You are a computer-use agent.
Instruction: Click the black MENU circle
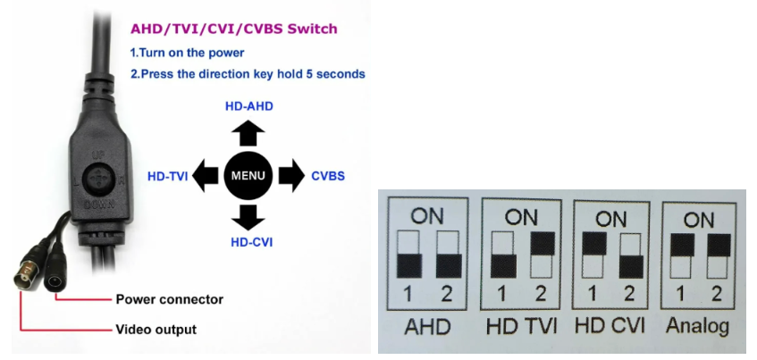(248, 175)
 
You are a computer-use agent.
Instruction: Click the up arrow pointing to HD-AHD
(248, 133)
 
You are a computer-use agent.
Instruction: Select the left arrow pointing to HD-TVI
(206, 175)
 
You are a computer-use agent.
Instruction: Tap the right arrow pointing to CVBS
(291, 175)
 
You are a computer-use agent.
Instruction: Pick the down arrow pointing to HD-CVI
(248, 217)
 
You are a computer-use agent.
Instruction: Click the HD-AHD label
(248, 106)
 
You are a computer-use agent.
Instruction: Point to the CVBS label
(328, 176)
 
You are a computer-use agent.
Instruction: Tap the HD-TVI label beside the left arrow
(167, 176)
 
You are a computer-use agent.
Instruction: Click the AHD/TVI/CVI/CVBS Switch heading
(233, 29)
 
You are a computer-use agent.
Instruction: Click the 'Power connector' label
(169, 299)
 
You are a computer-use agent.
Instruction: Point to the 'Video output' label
(156, 330)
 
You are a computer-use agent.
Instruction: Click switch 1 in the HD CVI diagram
(591, 255)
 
